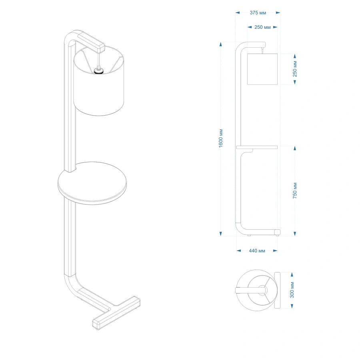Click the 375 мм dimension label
[x=258, y=13]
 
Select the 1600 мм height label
[x=221, y=138]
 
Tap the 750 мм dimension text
[x=295, y=190]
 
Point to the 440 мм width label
[x=257, y=251]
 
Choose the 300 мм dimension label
[x=292, y=290]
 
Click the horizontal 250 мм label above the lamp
[x=262, y=27]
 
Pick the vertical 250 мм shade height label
[x=295, y=69]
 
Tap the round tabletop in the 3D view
[x=92, y=183]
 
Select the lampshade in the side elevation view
[x=262, y=69]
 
